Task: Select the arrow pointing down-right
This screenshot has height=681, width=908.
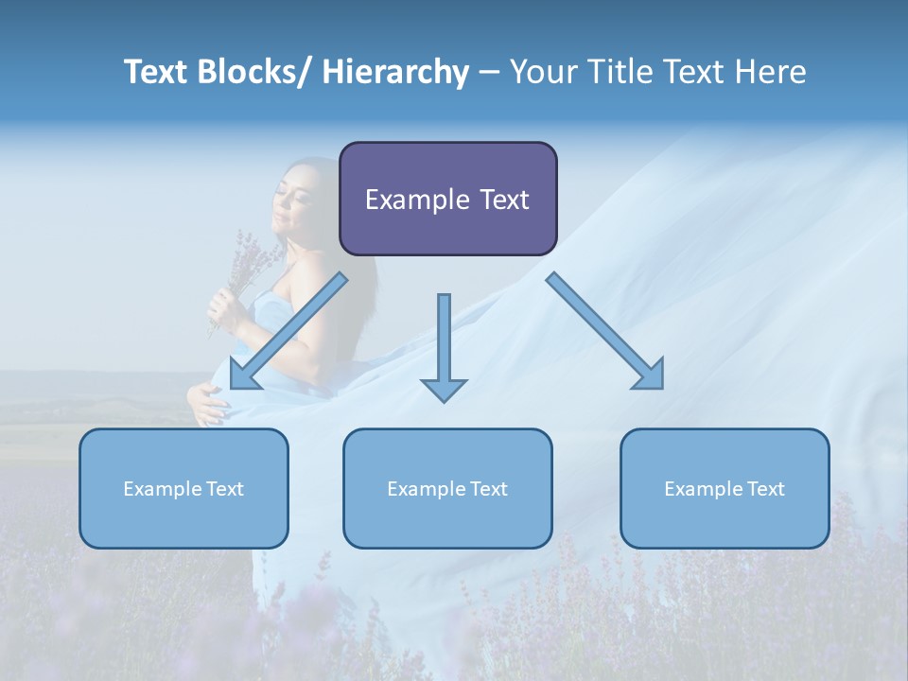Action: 605,331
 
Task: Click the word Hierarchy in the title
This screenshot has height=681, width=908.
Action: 394,72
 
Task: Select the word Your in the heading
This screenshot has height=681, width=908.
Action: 542,72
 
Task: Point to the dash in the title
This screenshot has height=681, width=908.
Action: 489,72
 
